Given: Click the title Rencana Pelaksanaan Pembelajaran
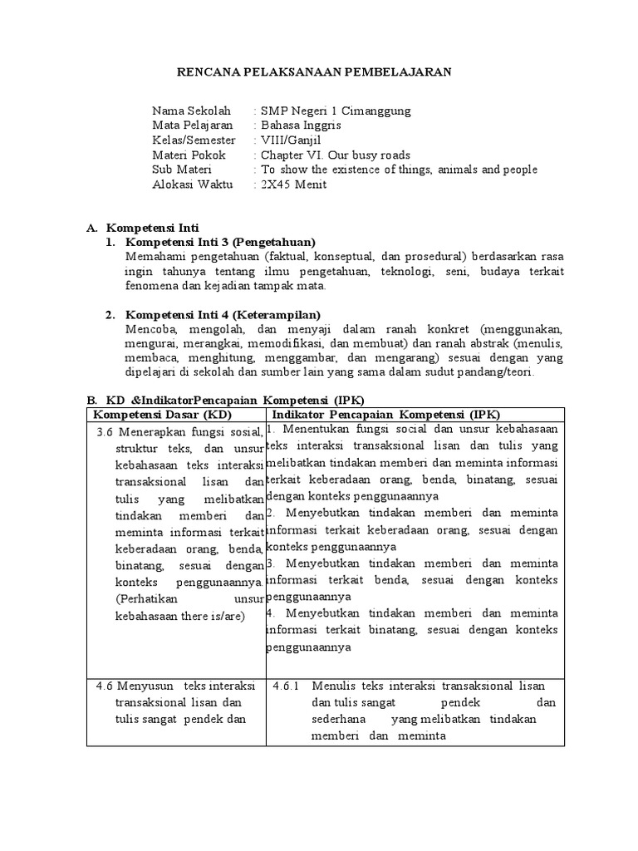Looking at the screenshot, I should (x=315, y=72).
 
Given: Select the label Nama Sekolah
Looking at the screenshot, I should (x=191, y=111).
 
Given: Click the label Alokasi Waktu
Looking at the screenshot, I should (x=190, y=184).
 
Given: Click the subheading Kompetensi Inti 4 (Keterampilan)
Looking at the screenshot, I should (x=223, y=314).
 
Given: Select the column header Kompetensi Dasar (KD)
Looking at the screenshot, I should (x=163, y=414).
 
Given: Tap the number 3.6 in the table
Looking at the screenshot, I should (x=105, y=432).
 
